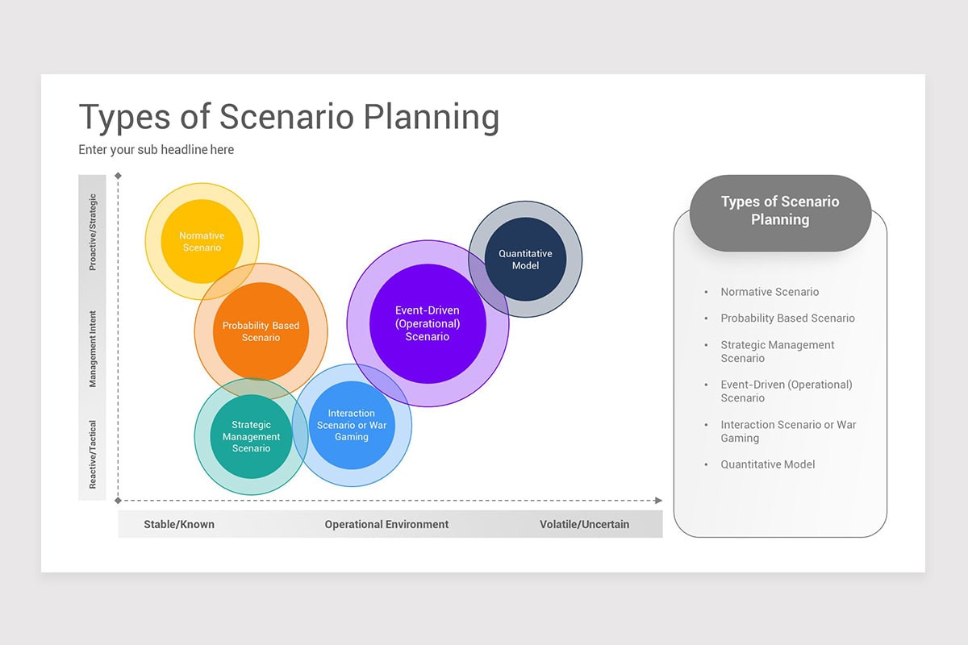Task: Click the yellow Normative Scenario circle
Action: [x=202, y=241]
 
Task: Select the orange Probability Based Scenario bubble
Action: [x=261, y=331]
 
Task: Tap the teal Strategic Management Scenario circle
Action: [x=251, y=436]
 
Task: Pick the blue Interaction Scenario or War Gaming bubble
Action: [x=352, y=425]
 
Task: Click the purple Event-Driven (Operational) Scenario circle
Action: [x=428, y=323]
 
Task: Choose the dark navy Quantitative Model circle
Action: [x=525, y=259]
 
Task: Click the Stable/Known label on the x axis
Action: [x=179, y=524]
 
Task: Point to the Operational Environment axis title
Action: [x=386, y=524]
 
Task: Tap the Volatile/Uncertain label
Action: [x=584, y=524]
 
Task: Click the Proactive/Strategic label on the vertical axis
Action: [x=93, y=232]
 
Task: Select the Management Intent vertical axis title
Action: [x=93, y=348]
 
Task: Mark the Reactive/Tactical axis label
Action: [x=93, y=454]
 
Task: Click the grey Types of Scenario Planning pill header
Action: [x=780, y=211]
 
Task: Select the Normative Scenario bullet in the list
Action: [x=769, y=292]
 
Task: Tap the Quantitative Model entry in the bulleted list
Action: [x=767, y=464]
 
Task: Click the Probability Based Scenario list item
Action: [x=787, y=318]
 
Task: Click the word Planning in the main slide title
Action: [x=431, y=118]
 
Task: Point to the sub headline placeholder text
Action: [x=156, y=150]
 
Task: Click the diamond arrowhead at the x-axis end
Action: [x=658, y=501]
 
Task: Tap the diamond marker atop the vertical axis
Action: [x=119, y=176]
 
